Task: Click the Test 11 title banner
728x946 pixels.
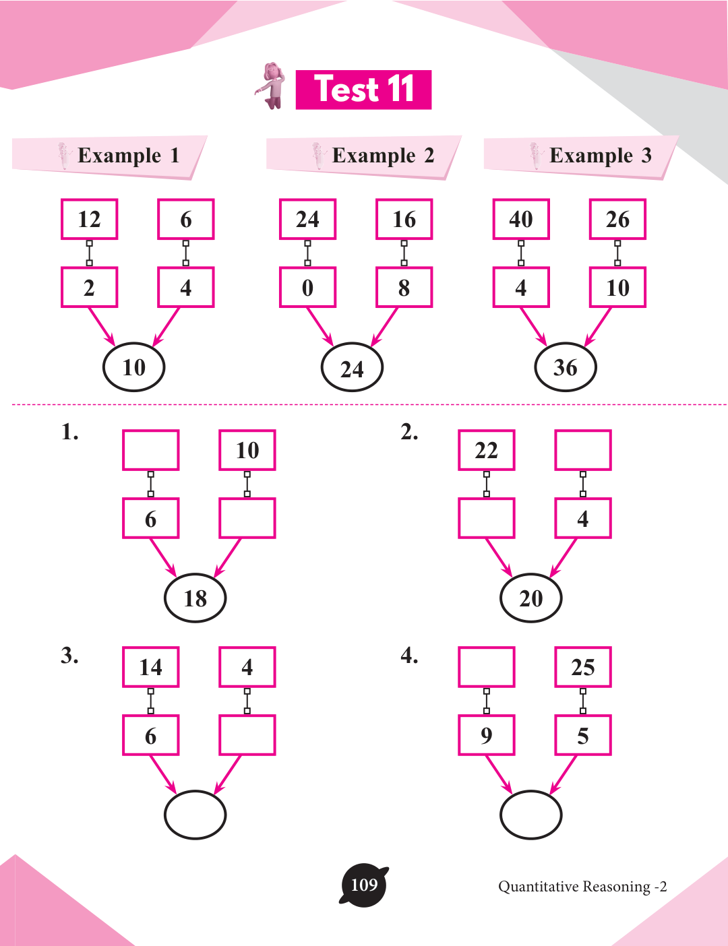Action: (x=363, y=90)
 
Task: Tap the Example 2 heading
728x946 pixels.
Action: (x=382, y=156)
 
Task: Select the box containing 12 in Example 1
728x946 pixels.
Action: (x=89, y=219)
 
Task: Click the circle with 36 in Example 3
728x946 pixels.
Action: (x=565, y=367)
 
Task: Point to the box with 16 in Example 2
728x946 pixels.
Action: (x=404, y=219)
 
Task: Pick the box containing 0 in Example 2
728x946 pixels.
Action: (x=307, y=288)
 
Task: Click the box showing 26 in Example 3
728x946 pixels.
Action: (x=617, y=219)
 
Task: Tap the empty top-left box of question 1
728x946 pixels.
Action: (x=150, y=450)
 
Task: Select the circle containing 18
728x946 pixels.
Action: (x=195, y=598)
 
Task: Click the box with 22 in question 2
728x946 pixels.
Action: (x=486, y=450)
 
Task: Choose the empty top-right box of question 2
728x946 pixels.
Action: (x=582, y=450)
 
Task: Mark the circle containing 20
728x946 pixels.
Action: (x=530, y=598)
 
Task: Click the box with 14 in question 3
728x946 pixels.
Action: (x=150, y=667)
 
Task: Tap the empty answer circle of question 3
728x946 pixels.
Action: (x=195, y=815)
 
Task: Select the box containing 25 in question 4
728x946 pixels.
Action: (x=582, y=667)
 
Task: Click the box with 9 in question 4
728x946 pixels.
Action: (x=486, y=735)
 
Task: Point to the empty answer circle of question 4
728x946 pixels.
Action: (x=530, y=815)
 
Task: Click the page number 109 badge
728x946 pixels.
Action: (x=364, y=885)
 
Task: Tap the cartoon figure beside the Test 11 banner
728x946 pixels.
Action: (x=272, y=86)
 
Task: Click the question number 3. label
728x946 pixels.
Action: (x=69, y=655)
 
